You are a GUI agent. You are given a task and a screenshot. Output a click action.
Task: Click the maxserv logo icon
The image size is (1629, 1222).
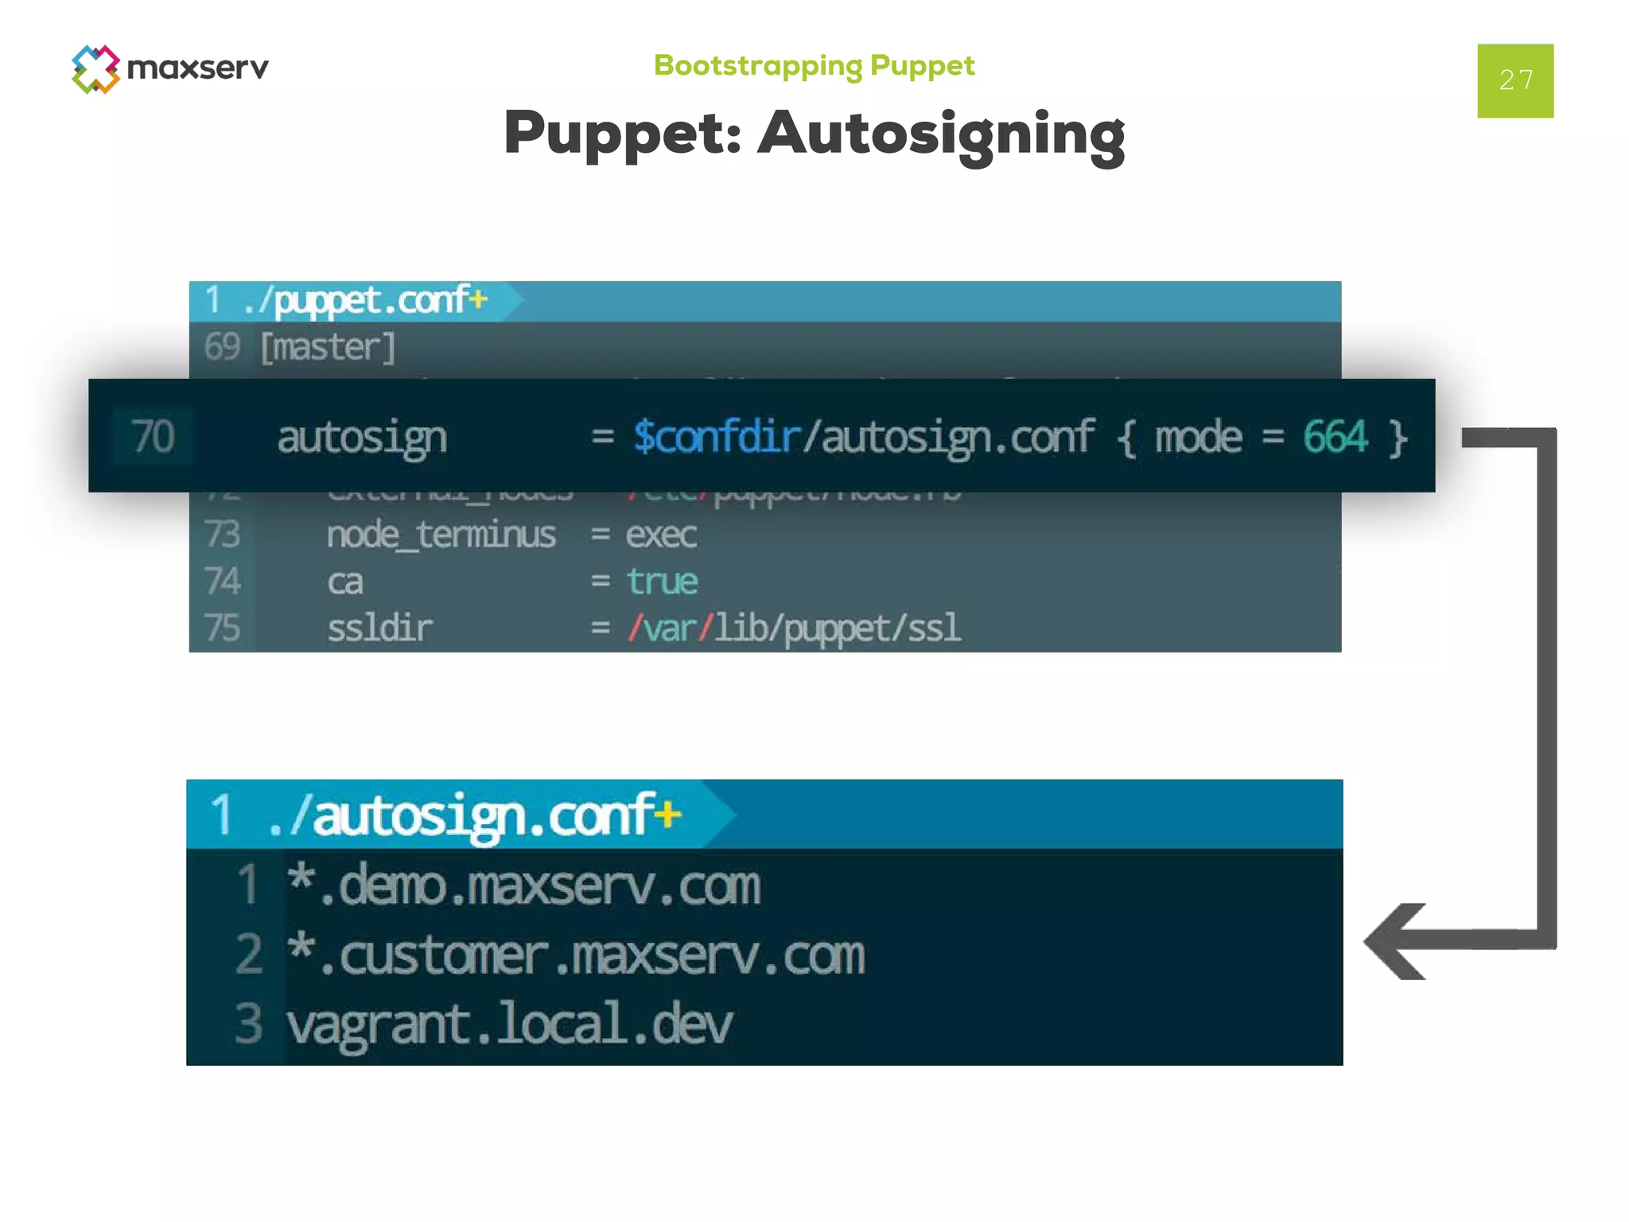95,69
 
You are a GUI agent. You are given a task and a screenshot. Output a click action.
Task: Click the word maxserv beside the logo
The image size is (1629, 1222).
198,68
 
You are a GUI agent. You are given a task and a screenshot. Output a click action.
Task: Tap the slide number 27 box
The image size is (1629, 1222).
1514,80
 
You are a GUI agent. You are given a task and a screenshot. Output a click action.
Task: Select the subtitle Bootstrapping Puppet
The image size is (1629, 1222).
814,65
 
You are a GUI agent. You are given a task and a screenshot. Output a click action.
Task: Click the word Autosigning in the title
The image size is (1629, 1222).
941,134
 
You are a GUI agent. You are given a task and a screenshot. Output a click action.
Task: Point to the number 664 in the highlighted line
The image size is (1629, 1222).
1335,437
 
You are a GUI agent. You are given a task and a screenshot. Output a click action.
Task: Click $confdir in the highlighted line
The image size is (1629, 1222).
716,437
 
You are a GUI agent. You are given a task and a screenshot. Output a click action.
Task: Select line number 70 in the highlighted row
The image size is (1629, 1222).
153,437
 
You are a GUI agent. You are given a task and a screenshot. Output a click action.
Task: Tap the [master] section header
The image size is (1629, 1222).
328,348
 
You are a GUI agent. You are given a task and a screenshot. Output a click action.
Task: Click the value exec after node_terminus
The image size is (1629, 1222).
661,535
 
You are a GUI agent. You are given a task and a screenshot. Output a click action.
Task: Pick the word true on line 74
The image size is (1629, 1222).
662,582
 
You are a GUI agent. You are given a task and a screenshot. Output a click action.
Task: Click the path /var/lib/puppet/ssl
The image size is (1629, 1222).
794,629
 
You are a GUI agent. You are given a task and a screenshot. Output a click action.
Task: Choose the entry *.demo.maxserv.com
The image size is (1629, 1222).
523,885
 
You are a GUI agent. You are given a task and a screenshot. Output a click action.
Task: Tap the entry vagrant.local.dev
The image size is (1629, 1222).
509,1024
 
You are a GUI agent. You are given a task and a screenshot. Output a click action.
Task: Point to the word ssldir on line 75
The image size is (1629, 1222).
379,629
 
